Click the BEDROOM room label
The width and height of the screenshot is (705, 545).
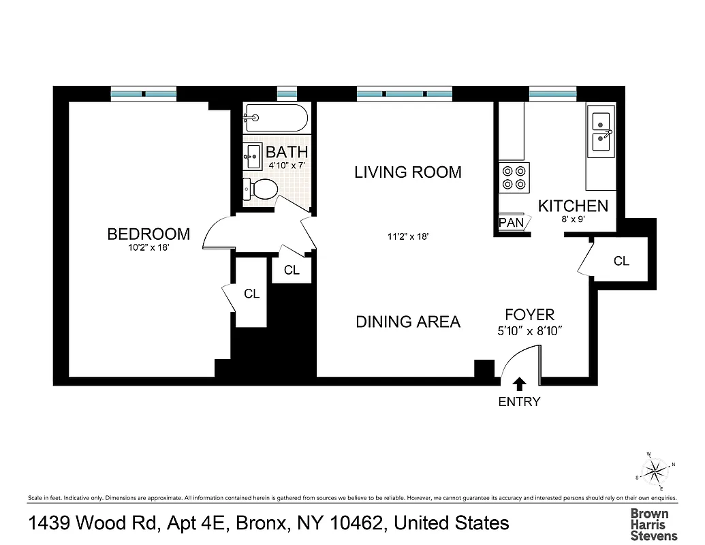[x=148, y=234]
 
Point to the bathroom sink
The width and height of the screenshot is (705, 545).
[x=253, y=156]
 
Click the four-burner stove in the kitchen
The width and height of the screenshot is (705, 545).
[x=514, y=177]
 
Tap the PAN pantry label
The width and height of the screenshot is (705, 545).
[x=511, y=223]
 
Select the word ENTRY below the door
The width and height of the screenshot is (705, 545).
[x=519, y=402]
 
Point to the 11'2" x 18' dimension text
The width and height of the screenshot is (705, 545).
[x=407, y=237]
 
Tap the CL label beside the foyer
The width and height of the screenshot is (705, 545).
[x=621, y=261]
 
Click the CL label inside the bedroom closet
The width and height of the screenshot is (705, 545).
[x=252, y=294]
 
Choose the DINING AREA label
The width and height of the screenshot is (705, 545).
[x=408, y=322]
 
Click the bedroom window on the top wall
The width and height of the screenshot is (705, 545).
[x=144, y=93]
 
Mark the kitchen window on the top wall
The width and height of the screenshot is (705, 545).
[x=553, y=93]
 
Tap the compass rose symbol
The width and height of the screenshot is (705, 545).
[x=656, y=469]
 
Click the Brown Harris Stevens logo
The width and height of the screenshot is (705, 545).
[x=649, y=525]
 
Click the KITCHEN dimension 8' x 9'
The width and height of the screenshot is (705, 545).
[x=573, y=219]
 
